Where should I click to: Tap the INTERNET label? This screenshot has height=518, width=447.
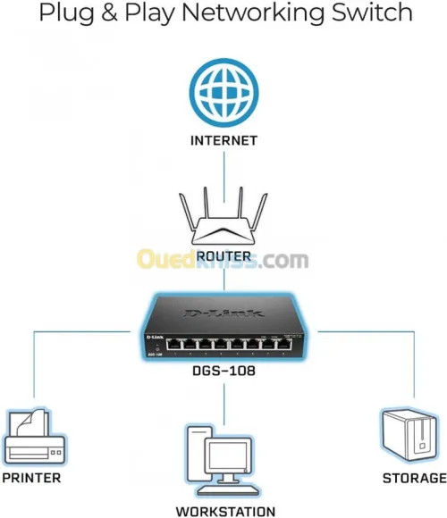(x=223, y=140)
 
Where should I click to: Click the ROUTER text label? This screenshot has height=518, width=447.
(x=223, y=255)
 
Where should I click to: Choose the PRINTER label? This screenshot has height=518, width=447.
(x=31, y=478)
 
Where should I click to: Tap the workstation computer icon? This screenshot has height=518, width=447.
(x=222, y=461)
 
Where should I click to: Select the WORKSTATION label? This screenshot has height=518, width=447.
(x=224, y=512)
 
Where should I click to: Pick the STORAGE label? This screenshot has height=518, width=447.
(x=414, y=478)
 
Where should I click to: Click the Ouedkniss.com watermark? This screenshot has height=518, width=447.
(x=223, y=260)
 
